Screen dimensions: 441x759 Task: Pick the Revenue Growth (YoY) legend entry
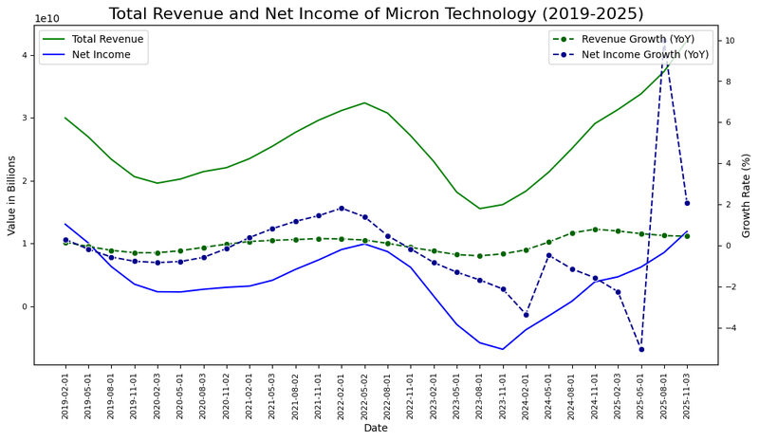[x=638, y=39]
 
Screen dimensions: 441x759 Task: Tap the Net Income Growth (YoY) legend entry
[x=645, y=55]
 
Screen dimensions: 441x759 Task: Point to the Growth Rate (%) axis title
[x=747, y=194]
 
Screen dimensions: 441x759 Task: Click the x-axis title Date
[x=376, y=429]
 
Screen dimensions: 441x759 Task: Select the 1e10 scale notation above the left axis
[x=47, y=19]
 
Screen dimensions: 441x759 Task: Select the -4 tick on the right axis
[x=723, y=328]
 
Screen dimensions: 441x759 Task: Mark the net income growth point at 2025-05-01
[x=641, y=349]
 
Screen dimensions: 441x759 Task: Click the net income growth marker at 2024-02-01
[x=526, y=315]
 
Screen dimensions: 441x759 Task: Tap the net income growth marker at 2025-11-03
[x=687, y=203]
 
